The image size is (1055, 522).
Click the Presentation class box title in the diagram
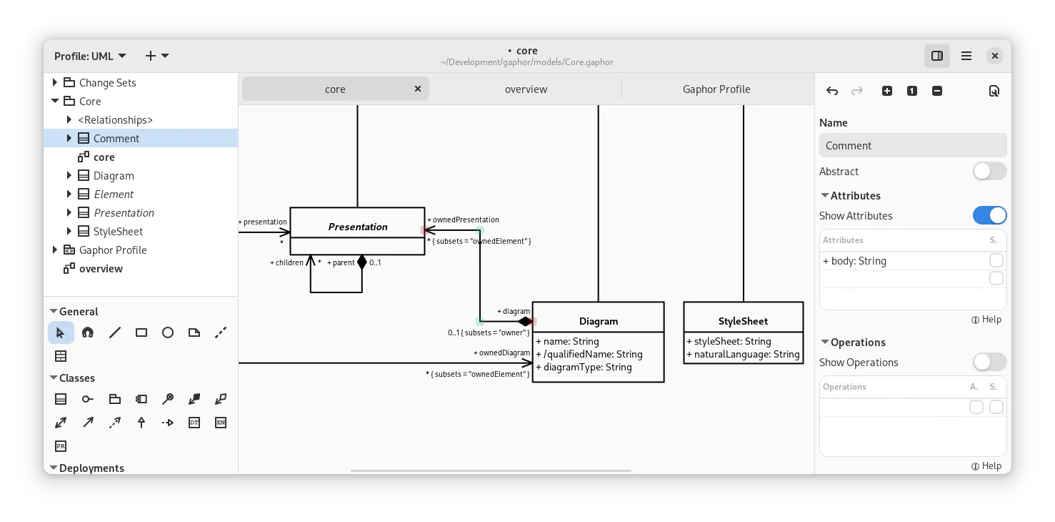pos(357,227)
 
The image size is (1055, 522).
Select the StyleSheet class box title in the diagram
pos(743,321)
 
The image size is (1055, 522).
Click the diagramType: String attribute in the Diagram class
pos(584,368)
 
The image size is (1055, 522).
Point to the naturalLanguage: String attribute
pos(743,355)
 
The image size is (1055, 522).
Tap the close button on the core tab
pos(418,89)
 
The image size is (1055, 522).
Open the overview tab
pos(526,89)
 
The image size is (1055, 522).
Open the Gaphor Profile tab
pos(716,89)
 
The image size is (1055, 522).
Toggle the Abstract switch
pos(989,172)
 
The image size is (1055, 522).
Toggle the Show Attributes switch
pos(989,216)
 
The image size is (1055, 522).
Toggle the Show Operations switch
pos(989,363)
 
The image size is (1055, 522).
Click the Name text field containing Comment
pos(912,146)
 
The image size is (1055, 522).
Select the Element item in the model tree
pos(114,194)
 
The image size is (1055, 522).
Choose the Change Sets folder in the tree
pos(107,83)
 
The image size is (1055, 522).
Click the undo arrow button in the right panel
pos(832,91)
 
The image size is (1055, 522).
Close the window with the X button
pos(995,56)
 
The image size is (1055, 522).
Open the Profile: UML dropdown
pos(90,56)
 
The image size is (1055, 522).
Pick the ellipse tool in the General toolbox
pos(168,333)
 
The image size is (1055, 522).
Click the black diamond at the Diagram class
pos(525,322)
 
